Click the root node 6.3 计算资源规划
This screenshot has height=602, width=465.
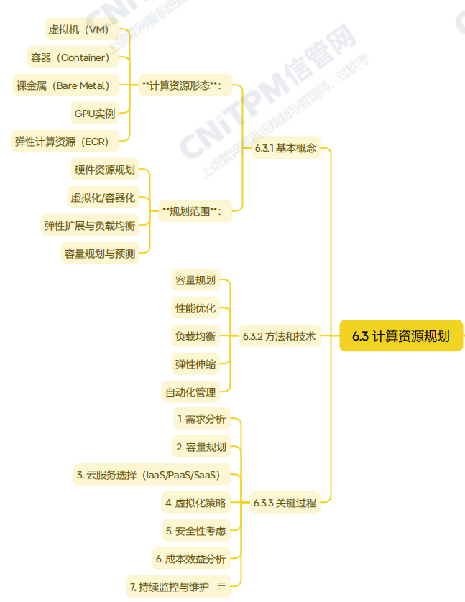[401, 336]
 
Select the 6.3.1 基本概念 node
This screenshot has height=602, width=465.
[285, 149]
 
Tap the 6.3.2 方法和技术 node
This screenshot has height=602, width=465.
[279, 336]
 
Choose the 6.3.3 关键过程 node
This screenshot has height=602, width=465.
[285, 503]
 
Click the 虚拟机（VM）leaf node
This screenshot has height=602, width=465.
[78, 29]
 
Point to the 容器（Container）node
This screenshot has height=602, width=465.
[70, 57]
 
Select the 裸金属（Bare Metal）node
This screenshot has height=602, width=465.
[63, 85]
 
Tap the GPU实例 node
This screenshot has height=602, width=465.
[94, 114]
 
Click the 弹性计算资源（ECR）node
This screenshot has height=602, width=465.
[62, 142]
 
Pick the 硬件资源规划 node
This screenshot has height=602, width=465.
[104, 170]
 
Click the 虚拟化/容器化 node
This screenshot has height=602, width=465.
[102, 198]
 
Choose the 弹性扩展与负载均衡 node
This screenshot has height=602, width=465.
[89, 226]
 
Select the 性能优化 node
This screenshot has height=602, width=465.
[195, 308]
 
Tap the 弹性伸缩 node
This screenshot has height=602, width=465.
[195, 364]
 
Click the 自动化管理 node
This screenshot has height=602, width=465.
[190, 392]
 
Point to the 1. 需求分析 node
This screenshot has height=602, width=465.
[201, 419]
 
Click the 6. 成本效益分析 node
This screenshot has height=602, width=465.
[190, 559]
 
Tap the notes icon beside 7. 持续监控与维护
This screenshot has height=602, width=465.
[221, 587]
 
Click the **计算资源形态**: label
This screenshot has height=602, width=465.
[182, 85]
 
